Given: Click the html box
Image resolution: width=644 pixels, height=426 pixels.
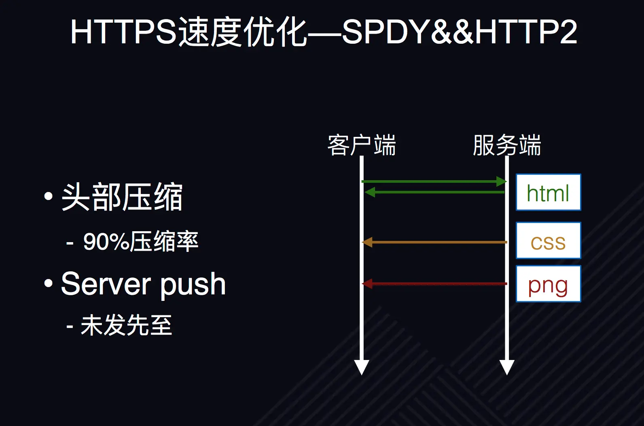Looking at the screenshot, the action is click(548, 193).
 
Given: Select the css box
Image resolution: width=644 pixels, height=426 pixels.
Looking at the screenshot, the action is click(548, 241).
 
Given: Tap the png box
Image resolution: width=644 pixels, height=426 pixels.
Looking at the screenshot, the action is click(548, 284).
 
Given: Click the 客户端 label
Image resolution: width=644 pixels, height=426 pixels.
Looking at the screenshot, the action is click(361, 145).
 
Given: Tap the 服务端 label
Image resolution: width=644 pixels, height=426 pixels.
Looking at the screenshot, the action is click(506, 145).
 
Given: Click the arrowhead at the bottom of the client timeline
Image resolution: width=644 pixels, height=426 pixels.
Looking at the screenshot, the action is click(361, 367).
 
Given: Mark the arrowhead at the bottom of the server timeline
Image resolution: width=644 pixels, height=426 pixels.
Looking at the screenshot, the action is click(506, 367).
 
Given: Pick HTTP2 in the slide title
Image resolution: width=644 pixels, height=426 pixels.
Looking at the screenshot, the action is click(526, 32).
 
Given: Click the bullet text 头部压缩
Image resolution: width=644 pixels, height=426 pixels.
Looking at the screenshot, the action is click(122, 197).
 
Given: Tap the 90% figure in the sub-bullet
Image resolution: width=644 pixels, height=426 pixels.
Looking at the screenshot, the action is click(106, 242).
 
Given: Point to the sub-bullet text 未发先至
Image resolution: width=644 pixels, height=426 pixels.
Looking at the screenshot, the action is click(126, 325).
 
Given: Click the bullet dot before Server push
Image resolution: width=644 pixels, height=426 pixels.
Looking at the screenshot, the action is click(49, 283).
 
